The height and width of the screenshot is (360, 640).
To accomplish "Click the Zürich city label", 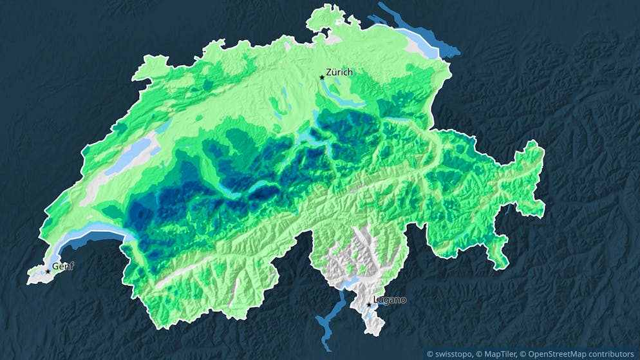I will [339, 72].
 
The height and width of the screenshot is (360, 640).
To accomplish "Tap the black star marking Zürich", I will [322, 77].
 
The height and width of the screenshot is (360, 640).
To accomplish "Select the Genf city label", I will [62, 266].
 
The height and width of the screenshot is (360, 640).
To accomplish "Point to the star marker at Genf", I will [48, 271].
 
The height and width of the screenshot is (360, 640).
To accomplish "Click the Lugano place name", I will [390, 299].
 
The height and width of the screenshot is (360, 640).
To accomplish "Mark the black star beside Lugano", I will [369, 305].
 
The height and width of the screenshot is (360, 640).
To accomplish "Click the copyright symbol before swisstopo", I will [430, 353].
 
